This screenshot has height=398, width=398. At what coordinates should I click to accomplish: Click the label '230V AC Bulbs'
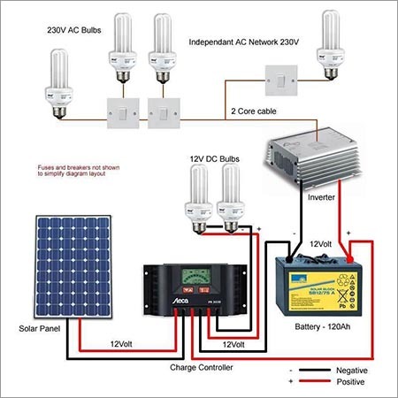(76, 28)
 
